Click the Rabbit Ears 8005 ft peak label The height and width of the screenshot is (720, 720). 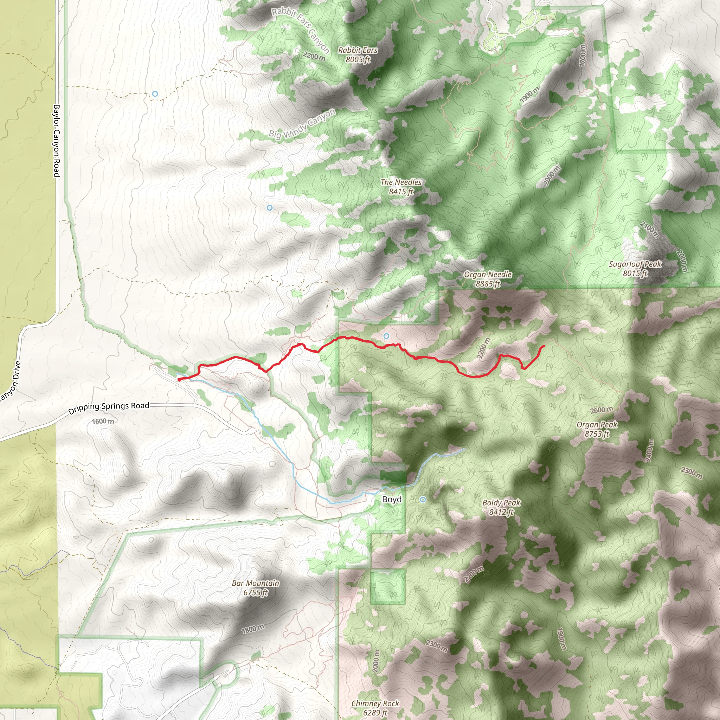[x=358, y=55]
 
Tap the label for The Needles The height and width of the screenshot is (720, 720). [x=401, y=187]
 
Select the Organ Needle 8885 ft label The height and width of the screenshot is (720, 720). [x=488, y=279]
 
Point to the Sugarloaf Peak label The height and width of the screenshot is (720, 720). [x=635, y=269]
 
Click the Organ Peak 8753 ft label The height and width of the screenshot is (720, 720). [x=597, y=429]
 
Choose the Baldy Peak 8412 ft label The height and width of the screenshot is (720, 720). [x=501, y=507]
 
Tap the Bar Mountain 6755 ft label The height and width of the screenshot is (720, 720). [x=255, y=588]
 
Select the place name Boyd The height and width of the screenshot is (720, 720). [x=392, y=499]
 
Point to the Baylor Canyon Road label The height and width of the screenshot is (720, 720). [x=56, y=141]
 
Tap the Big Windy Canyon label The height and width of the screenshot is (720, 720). [x=302, y=124]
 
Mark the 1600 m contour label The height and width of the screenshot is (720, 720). [x=103, y=421]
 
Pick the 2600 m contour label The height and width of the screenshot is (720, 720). [x=602, y=410]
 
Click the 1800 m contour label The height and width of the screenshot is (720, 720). [x=253, y=629]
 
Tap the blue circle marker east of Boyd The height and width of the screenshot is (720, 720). [x=423, y=499]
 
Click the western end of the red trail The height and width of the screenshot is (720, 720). [x=179, y=380]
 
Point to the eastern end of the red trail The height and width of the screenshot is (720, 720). [x=544, y=346]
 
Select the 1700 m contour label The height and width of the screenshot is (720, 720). [x=583, y=56]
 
